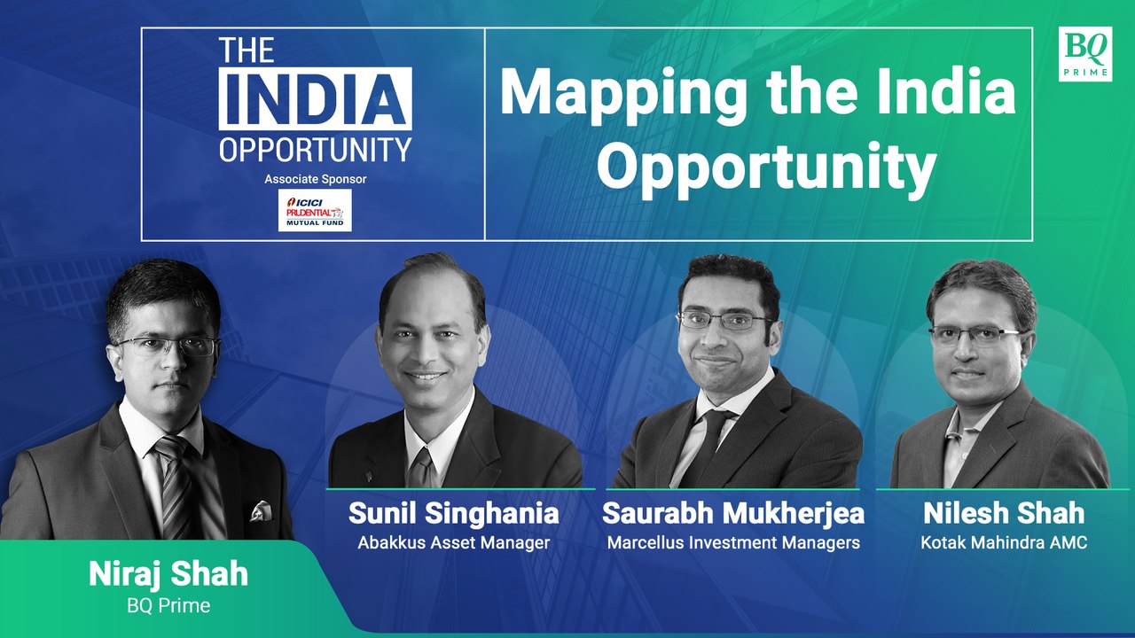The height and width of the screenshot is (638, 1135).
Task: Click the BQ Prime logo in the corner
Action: pyautogui.click(x=1084, y=54)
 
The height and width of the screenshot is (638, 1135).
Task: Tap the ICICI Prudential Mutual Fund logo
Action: pyautogui.click(x=315, y=210)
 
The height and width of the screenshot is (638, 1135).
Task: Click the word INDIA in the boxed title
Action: pyautogui.click(x=315, y=98)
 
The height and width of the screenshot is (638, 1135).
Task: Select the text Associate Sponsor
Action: pyautogui.click(x=315, y=179)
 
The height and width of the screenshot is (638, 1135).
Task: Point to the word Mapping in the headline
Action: pyautogui.click(x=615, y=94)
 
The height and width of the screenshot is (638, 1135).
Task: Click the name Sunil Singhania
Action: pyautogui.click(x=453, y=514)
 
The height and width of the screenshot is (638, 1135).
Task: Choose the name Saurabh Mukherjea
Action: pyautogui.click(x=732, y=514)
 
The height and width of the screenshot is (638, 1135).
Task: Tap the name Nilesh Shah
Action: pyautogui.click(x=1003, y=514)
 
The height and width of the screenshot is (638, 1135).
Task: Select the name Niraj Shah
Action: pyautogui.click(x=168, y=574)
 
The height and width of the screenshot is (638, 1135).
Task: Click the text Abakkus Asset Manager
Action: pyautogui.click(x=453, y=542)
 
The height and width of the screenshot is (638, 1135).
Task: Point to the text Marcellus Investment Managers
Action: pyautogui.click(x=732, y=542)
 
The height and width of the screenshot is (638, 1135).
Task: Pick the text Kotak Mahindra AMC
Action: pyautogui.click(x=1003, y=542)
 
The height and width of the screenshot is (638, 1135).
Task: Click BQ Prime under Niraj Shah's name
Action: pyautogui.click(x=168, y=605)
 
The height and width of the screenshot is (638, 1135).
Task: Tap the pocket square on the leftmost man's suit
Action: pyautogui.click(x=260, y=511)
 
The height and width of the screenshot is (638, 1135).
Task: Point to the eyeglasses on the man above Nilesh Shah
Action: pyautogui.click(x=974, y=336)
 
